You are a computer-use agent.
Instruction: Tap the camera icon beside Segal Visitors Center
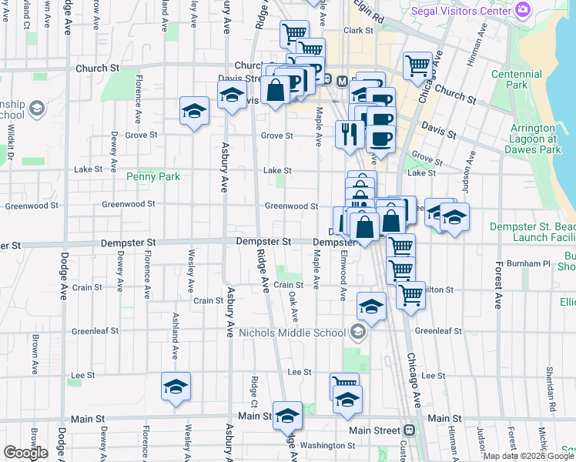click(524, 10)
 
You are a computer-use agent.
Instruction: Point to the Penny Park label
click(152, 176)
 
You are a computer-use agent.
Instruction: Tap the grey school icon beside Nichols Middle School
click(357, 333)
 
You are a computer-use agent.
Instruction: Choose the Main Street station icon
click(410, 430)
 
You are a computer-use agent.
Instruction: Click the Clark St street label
click(358, 31)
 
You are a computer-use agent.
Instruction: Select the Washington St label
click(327, 445)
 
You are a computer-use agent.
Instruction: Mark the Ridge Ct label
click(253, 392)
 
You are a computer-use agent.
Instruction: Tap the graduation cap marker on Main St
click(287, 416)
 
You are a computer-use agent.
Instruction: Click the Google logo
click(26, 453)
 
